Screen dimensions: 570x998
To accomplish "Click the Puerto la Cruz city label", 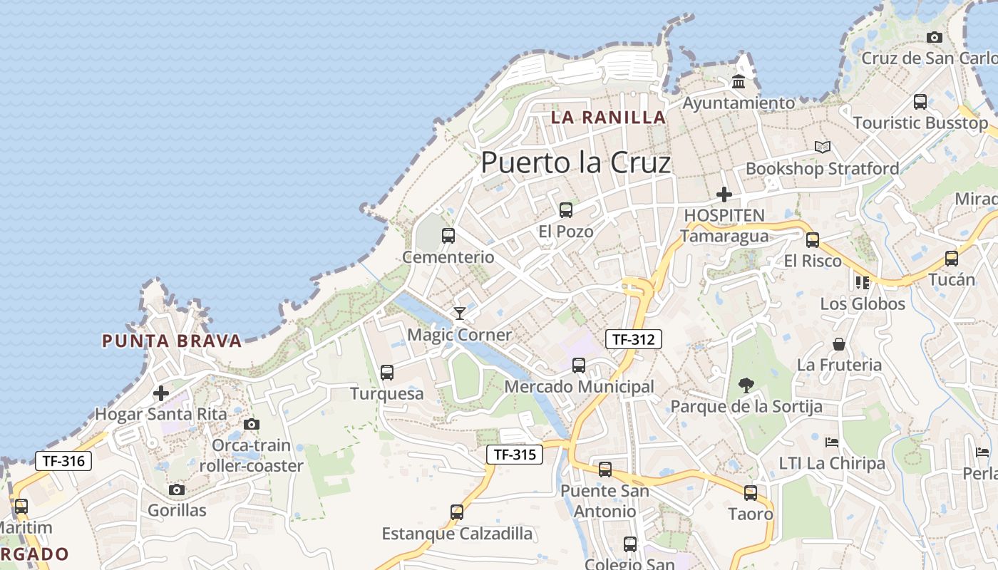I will coord(575,163).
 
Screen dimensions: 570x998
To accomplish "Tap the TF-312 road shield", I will coord(634,339).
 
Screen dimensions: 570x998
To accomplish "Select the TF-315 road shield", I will coord(515,455).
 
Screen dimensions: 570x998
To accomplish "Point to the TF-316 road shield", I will coord(63,461).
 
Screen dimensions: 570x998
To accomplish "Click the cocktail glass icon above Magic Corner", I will coord(460,313).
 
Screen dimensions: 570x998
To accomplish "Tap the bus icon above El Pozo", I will coord(566,210).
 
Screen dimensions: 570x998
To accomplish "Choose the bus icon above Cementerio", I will coord(448,236).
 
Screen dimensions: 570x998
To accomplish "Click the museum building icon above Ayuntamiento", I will coord(739,82).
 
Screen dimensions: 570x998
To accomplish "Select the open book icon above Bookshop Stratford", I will coord(823,147).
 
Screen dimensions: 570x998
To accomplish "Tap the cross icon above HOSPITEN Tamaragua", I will coord(724,194).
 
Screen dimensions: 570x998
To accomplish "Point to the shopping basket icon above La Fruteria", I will coord(839,344).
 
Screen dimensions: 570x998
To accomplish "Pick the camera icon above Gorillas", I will coord(177,489).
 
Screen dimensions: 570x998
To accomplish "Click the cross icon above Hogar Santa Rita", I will coord(161,393).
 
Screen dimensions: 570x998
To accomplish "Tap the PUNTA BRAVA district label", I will coord(172,341).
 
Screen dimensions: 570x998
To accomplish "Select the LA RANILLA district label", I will coord(608,118).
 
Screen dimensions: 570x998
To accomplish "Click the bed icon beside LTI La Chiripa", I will coord(832,442).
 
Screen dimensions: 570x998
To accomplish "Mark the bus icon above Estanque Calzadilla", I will coord(457,512).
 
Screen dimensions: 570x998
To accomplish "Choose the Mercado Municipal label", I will coord(579,387).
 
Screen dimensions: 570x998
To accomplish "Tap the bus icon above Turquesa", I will coord(387,373).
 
